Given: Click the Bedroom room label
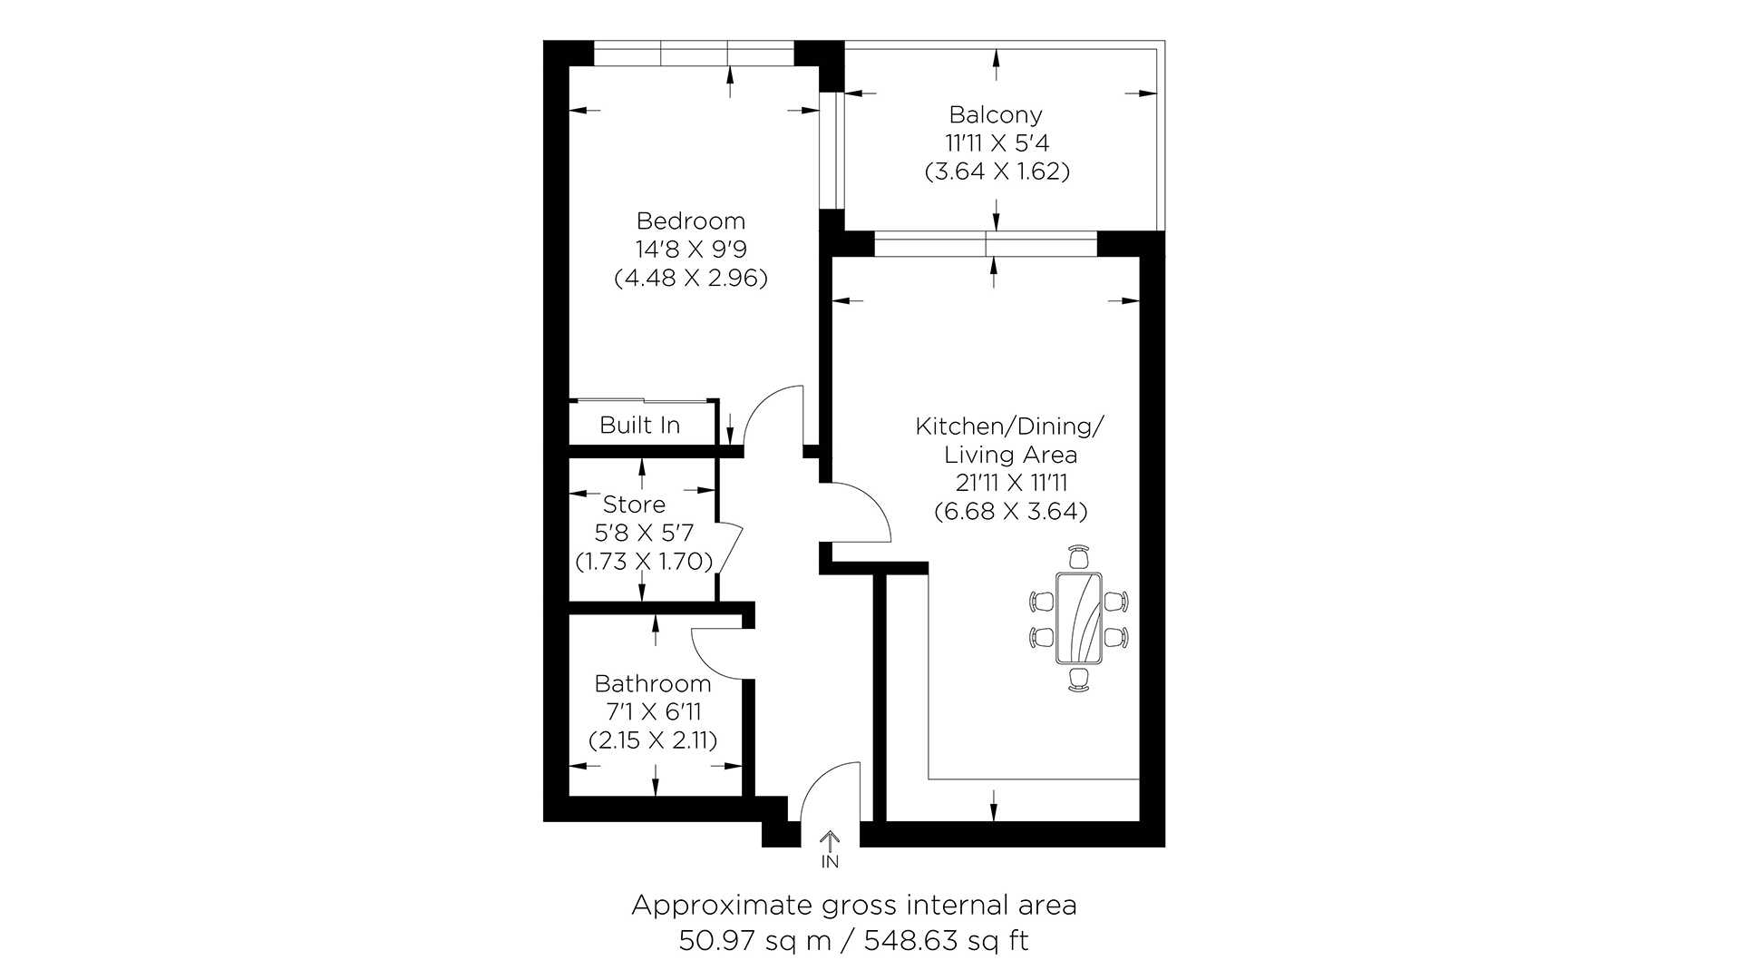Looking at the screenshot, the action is click(x=691, y=220).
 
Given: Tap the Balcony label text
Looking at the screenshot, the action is click(x=996, y=115).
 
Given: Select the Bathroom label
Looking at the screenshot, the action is click(x=653, y=683).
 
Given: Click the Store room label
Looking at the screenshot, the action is click(x=634, y=505).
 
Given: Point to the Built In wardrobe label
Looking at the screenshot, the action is click(x=640, y=425).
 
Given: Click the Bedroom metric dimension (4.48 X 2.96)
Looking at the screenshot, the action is click(x=691, y=278).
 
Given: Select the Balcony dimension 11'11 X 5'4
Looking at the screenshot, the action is click(x=997, y=143).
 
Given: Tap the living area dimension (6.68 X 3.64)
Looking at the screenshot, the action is click(x=1011, y=512).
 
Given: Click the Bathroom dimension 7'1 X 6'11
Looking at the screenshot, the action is click(x=653, y=712).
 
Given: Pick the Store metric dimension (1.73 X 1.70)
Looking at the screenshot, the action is click(x=644, y=562).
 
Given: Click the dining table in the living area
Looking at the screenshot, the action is click(x=1078, y=619).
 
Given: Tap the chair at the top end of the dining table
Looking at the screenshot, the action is click(x=1078, y=555).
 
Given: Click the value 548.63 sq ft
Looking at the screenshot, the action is click(x=947, y=941).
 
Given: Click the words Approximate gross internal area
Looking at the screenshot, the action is click(x=854, y=906).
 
